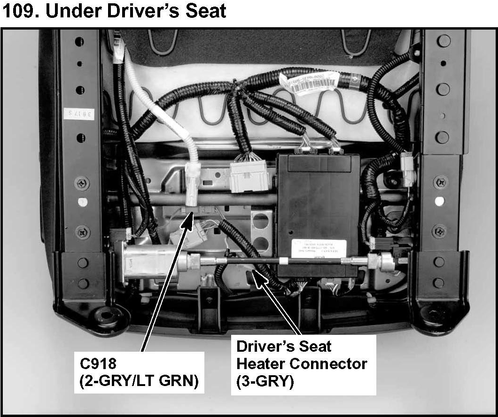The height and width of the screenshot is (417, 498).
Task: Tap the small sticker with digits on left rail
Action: pyautogui.click(x=78, y=113)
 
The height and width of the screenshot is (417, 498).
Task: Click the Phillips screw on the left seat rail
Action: pyautogui.click(x=82, y=183)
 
